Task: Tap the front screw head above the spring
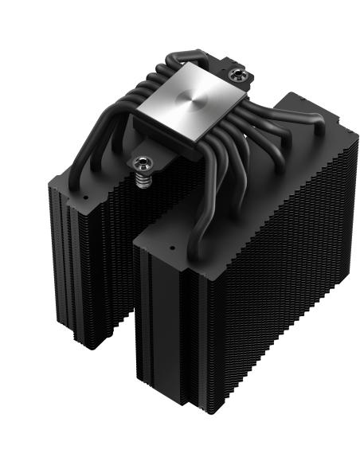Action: (143, 166)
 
